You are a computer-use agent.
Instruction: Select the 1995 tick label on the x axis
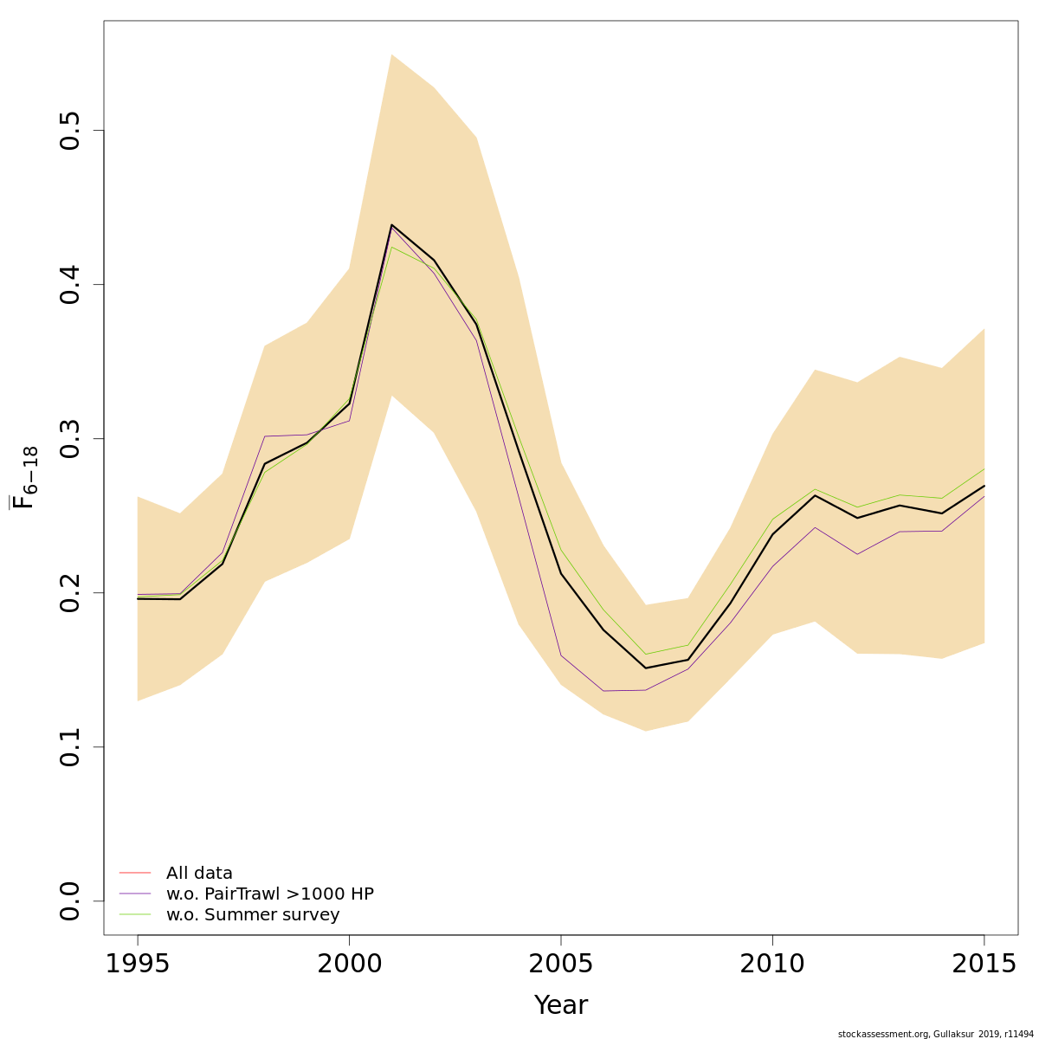138,964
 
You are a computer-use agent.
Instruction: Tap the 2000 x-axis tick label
349,964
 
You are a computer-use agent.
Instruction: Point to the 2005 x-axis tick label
561,964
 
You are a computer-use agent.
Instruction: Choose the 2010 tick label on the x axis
772,964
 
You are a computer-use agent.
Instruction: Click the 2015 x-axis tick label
984,964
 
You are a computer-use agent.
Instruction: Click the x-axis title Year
561,1005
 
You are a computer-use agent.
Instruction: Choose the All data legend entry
199,874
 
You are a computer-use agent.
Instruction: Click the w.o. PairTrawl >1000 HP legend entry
269,894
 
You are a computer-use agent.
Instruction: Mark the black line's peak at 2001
391,225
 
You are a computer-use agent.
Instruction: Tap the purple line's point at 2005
561,655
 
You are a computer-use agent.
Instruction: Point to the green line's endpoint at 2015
984,469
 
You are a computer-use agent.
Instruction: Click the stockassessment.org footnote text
936,1034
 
